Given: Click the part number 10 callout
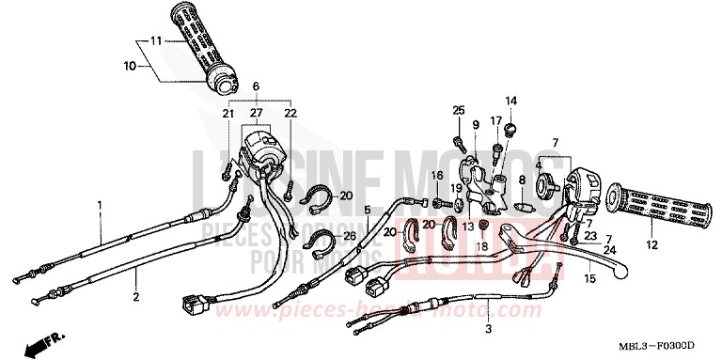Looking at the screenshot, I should pyautogui.click(x=130, y=66).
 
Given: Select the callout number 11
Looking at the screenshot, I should pyautogui.click(x=156, y=41).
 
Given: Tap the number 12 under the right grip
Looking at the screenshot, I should pyautogui.click(x=625, y=245).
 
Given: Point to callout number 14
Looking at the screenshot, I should pyautogui.click(x=511, y=101).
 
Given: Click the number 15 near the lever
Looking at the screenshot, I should pyautogui.click(x=588, y=279).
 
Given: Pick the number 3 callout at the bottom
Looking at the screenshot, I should pyautogui.click(x=488, y=329).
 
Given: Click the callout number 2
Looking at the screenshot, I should pyautogui.click(x=135, y=297).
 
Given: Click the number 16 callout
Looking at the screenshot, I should pyautogui.click(x=437, y=176).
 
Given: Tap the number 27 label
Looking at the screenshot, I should pyautogui.click(x=254, y=113).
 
